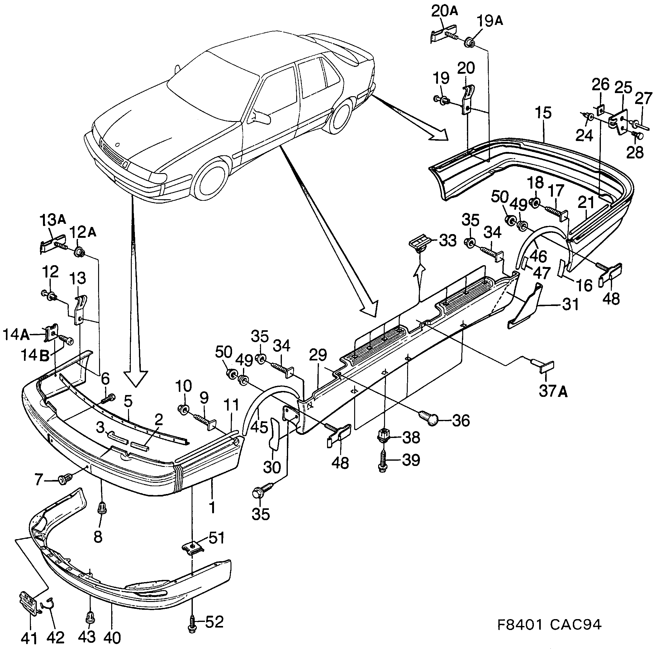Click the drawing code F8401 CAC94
click(x=549, y=624)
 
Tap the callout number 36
click(x=461, y=420)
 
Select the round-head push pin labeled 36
click(x=429, y=418)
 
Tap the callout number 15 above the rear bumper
click(x=543, y=113)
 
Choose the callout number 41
click(x=29, y=638)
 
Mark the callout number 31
click(x=570, y=305)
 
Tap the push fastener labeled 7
click(x=63, y=480)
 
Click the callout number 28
click(x=635, y=152)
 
